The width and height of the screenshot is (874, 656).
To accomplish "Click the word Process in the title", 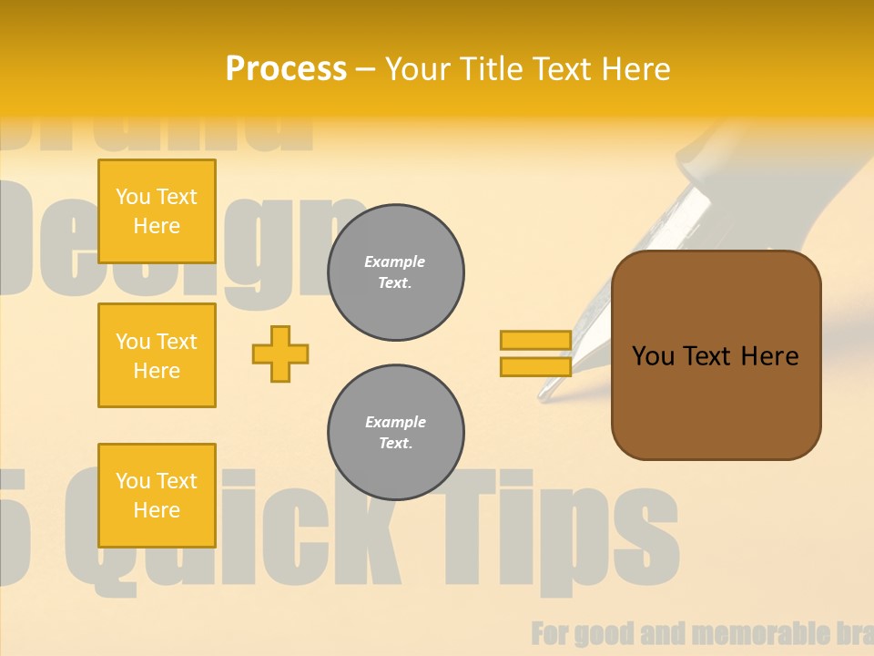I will (286, 69).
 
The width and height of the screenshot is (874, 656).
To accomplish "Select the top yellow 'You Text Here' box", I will (157, 211).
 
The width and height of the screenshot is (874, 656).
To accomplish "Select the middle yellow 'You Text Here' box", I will (157, 355).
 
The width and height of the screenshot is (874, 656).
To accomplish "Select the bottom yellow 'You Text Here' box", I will (157, 496).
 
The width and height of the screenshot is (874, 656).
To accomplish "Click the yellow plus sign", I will (280, 354).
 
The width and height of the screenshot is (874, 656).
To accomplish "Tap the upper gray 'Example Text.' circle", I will (396, 272).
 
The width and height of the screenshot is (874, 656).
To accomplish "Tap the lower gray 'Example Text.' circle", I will (396, 433).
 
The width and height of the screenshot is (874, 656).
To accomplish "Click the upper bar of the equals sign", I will (535, 340).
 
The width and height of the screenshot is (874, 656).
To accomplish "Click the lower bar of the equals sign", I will (535, 366).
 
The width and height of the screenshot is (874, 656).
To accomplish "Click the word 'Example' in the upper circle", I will (395, 261).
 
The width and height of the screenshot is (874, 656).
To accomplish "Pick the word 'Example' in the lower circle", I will (395, 422).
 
